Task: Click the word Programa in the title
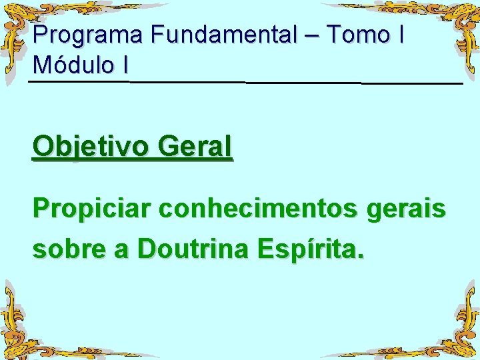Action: [88, 35]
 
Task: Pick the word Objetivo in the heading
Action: [89, 147]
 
